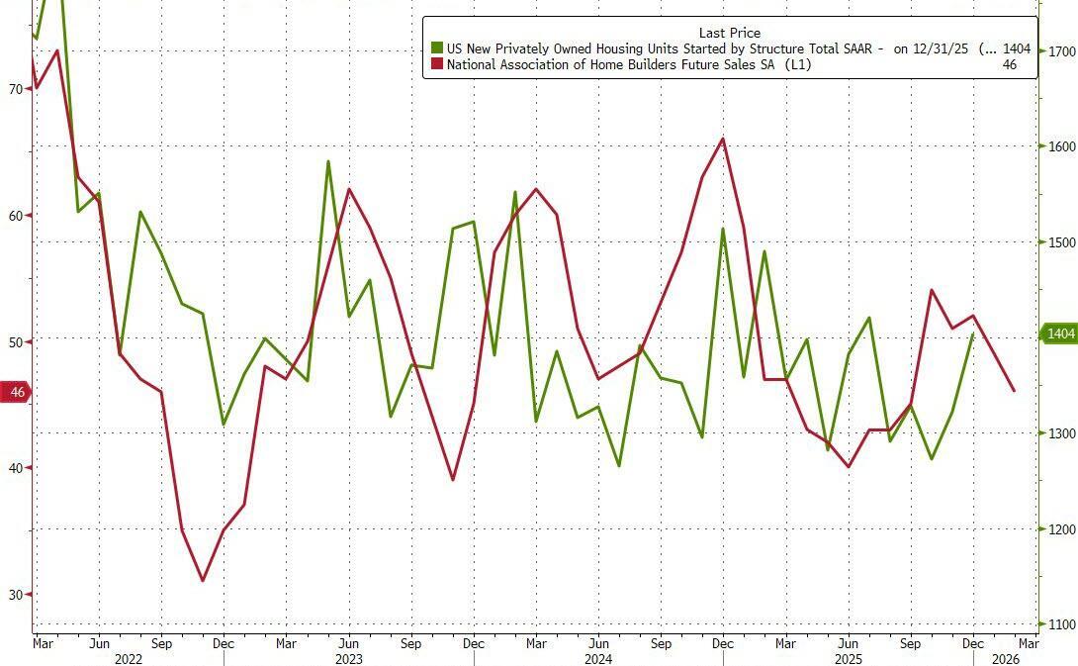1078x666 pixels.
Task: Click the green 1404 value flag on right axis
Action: click(1059, 334)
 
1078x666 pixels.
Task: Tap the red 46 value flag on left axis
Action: click(16, 393)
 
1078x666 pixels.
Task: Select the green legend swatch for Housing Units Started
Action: click(436, 48)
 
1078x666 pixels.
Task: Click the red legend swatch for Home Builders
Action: click(436, 64)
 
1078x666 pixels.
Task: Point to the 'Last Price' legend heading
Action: click(729, 33)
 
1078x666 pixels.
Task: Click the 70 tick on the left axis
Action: click(15, 89)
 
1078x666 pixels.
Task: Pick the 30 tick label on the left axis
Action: click(15, 594)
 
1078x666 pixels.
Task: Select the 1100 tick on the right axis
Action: click(1061, 624)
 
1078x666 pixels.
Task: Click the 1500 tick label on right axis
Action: click(1061, 242)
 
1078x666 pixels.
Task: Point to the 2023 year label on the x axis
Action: click(348, 658)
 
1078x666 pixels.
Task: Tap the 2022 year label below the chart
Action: click(129, 658)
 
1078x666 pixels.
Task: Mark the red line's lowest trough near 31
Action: click(203, 580)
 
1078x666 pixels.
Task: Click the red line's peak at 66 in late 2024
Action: click(723, 139)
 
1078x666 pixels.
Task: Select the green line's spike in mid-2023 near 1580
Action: click(328, 161)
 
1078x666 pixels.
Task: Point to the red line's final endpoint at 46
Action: click(1014, 391)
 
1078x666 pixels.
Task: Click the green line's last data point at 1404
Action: click(973, 334)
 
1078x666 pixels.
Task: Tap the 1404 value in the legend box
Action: click(1017, 48)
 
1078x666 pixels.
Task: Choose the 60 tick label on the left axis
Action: click(15, 216)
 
